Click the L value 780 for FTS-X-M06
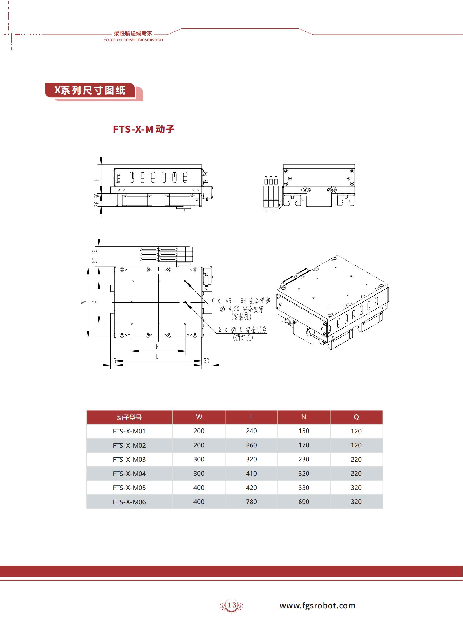251,502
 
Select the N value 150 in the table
303,431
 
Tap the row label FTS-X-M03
129,459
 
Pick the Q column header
356,417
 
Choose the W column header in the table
199,417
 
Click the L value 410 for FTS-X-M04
251,473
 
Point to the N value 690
303,502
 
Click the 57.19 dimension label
95,256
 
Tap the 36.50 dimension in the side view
97,200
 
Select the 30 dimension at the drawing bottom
206,361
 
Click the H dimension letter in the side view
97,180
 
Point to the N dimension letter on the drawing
157,347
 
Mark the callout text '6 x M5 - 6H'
229,301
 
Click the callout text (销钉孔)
243,338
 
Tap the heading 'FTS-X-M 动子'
144,129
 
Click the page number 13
231,605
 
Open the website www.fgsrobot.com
317,606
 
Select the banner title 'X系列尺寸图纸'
90,90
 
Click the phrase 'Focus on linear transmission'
133,39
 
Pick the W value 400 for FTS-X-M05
199,488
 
